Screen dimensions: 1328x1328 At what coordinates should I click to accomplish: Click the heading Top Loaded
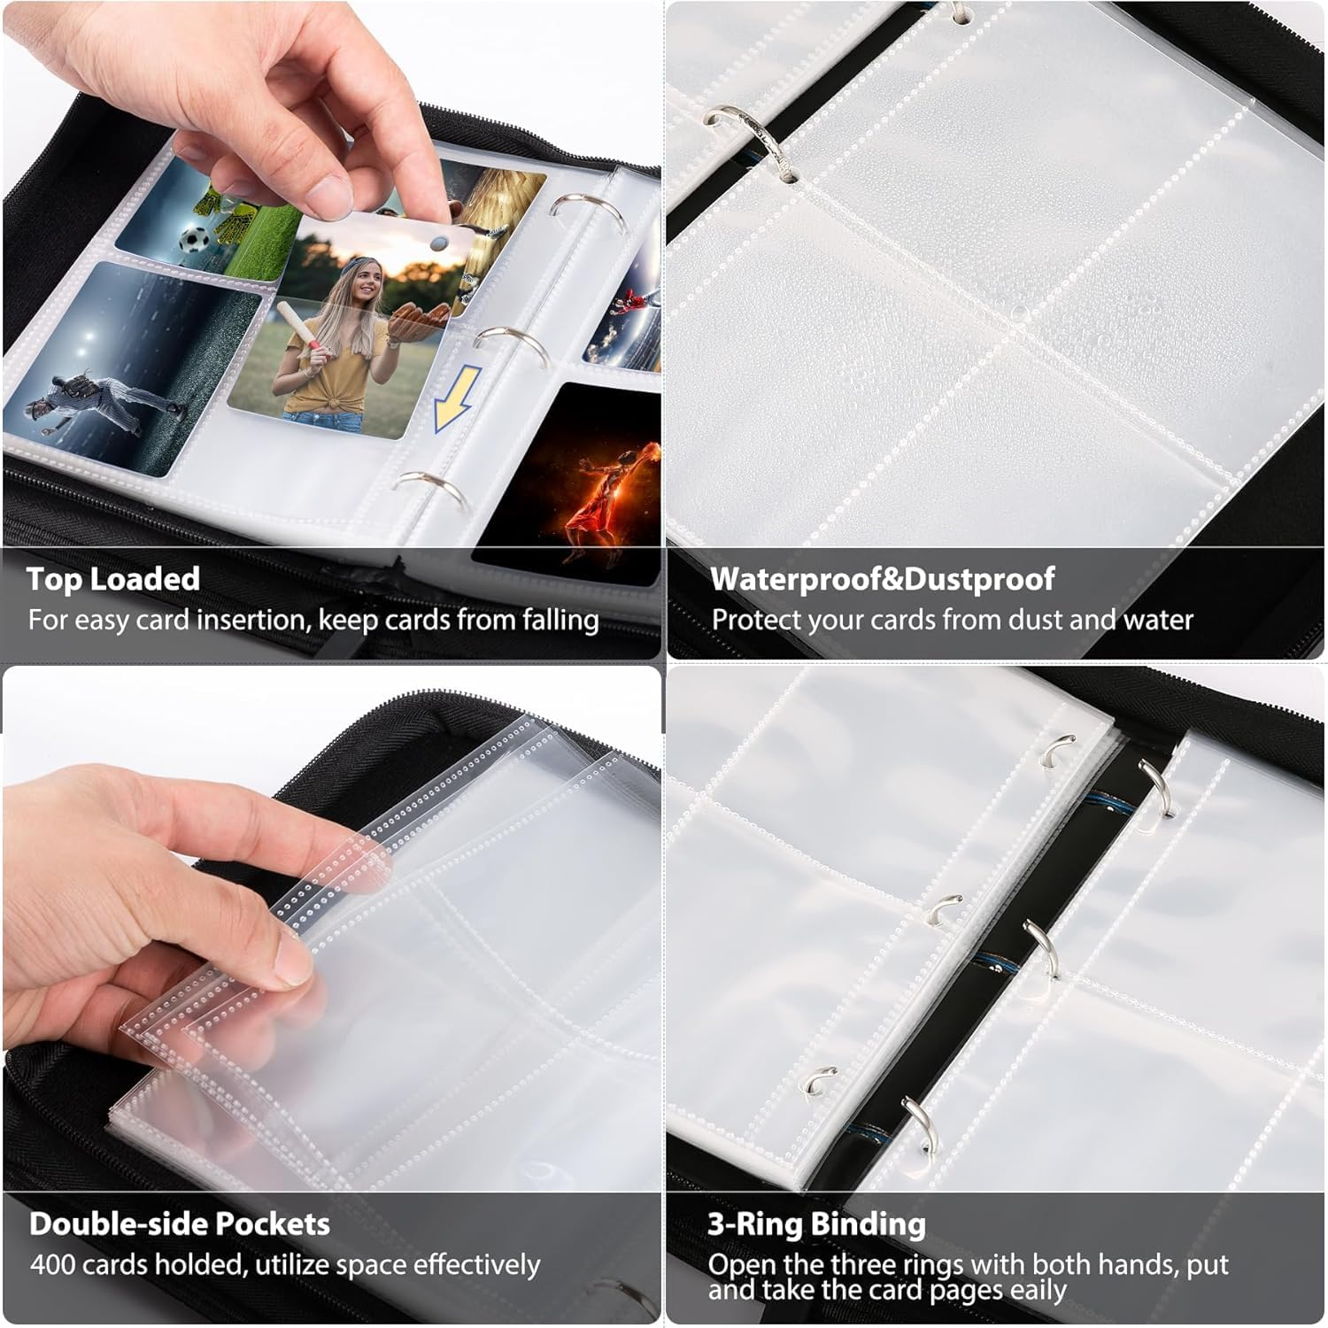point(113,579)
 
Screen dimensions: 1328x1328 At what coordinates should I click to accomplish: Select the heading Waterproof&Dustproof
point(882,579)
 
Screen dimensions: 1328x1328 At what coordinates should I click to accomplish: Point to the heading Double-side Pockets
point(180,1224)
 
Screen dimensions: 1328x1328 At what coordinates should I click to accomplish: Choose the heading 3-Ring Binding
point(816,1224)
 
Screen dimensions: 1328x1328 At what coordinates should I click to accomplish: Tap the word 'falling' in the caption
point(560,620)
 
